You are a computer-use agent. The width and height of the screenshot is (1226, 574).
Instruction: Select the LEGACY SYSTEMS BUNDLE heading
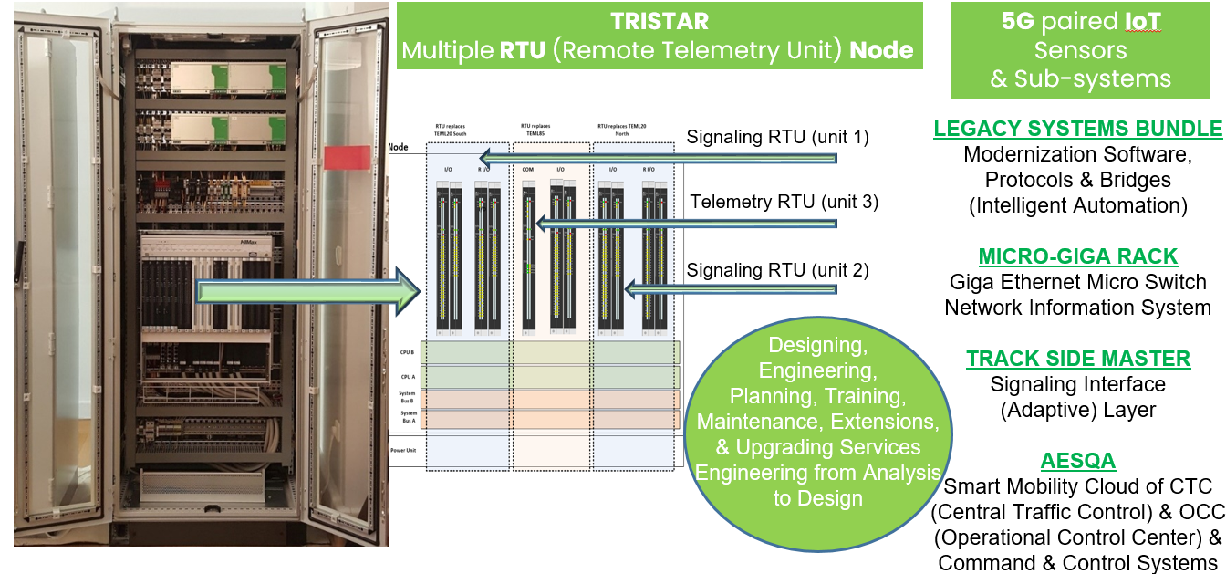pos(1077,129)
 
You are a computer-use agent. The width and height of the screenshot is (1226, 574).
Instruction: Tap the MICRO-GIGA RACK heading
pos(1077,256)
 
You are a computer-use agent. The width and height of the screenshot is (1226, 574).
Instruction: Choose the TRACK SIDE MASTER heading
pos(1078,359)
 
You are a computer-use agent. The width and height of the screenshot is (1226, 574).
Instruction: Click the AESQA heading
pos(1078,461)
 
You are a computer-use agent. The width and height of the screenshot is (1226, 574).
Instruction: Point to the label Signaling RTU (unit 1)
pos(777,138)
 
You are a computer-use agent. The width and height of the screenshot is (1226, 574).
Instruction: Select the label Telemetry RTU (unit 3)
pos(784,202)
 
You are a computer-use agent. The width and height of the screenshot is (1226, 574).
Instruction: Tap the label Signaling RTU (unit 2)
pos(777,270)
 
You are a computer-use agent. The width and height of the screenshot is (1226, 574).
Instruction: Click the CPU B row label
pos(408,350)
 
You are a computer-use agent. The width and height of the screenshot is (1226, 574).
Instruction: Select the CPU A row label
pos(408,375)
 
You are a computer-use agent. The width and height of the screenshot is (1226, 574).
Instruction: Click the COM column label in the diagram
pos(527,169)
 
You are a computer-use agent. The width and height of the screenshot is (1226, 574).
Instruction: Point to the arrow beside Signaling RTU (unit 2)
pos(730,290)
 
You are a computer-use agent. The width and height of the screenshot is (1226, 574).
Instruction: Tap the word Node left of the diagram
pos(398,147)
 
